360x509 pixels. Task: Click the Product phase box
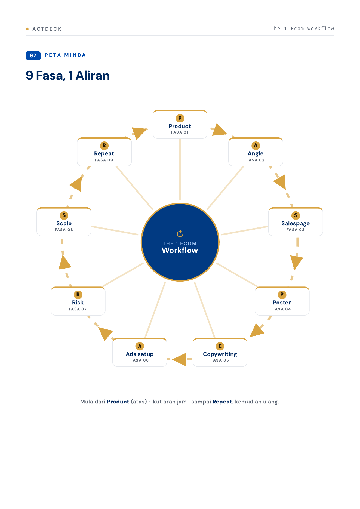pyautogui.click(x=180, y=124)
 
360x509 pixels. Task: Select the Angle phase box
pyautogui.click(x=256, y=152)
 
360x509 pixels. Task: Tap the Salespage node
pyautogui.click(x=296, y=222)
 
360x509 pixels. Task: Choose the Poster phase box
pyautogui.click(x=282, y=301)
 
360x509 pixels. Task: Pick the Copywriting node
pyautogui.click(x=220, y=352)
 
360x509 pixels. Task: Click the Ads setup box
pyautogui.click(x=140, y=352)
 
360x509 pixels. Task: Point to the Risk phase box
pyautogui.click(x=78, y=301)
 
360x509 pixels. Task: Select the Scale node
pyautogui.click(x=64, y=222)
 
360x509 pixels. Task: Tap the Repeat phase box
pyautogui.click(x=104, y=152)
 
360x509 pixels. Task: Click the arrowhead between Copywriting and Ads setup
pyautogui.click(x=180, y=359)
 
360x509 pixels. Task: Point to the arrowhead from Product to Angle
pyautogui.click(x=219, y=130)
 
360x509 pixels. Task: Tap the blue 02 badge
pyautogui.click(x=33, y=55)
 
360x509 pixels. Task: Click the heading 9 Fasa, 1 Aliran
pyautogui.click(x=68, y=76)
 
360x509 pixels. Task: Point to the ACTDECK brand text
pyautogui.click(x=47, y=29)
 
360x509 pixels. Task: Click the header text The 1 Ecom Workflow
pyautogui.click(x=302, y=29)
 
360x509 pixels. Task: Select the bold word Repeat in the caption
pyautogui.click(x=222, y=402)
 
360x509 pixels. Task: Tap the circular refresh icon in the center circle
pyautogui.click(x=180, y=233)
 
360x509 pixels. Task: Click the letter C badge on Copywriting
pyautogui.click(x=220, y=346)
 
